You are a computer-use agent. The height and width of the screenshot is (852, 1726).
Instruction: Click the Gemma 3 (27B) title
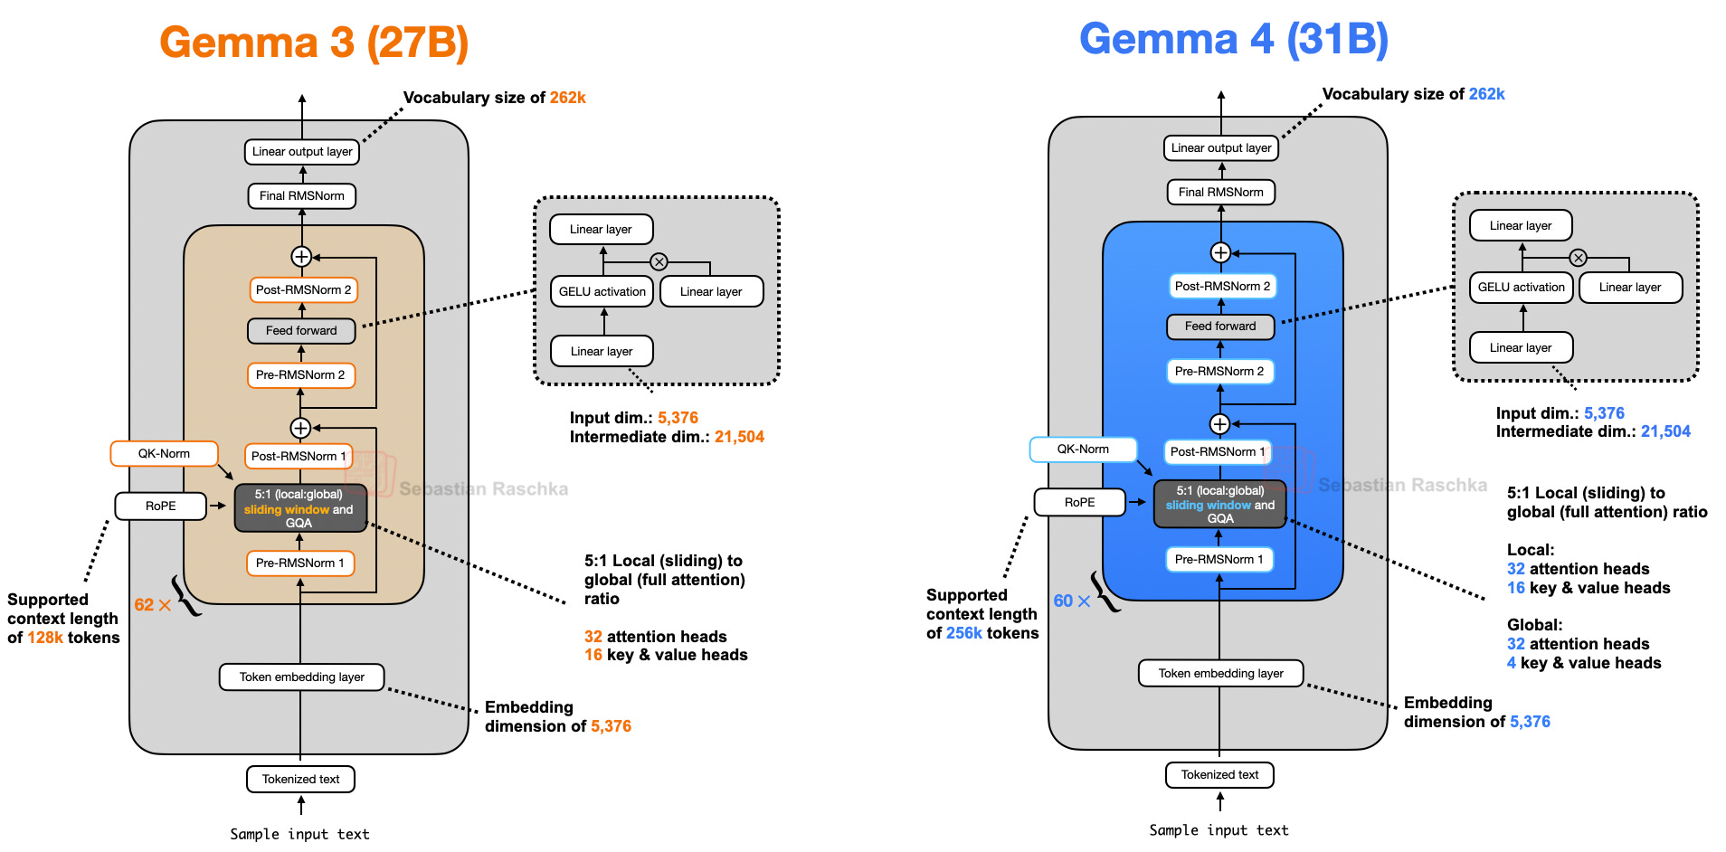click(314, 43)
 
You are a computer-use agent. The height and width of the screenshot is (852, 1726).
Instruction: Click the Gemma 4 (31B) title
click(1233, 39)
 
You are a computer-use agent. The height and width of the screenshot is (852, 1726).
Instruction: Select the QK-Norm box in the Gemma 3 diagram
click(164, 453)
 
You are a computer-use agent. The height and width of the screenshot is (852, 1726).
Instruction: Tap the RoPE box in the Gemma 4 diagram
click(1079, 502)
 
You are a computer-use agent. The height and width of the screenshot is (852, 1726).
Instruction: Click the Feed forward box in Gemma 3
click(301, 331)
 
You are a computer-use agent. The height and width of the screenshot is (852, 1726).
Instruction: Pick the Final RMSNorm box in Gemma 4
click(1220, 192)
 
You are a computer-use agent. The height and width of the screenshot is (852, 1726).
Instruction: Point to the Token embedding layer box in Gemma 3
click(301, 677)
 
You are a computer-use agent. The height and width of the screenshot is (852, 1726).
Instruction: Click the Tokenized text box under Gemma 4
click(1219, 775)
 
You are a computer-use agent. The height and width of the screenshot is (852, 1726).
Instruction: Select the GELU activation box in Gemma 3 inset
click(602, 291)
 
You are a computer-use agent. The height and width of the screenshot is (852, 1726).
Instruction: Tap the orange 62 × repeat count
click(152, 605)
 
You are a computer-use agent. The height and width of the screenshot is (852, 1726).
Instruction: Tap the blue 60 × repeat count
click(1071, 601)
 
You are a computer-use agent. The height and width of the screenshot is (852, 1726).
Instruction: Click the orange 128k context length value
click(45, 638)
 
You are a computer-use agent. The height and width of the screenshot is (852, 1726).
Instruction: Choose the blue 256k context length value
click(964, 633)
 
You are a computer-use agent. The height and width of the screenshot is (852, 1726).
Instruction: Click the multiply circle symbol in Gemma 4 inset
click(1578, 258)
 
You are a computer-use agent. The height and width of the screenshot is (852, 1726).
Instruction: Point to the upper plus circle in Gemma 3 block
click(301, 257)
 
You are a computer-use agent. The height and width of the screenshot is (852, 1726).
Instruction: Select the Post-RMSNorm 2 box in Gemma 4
click(1221, 286)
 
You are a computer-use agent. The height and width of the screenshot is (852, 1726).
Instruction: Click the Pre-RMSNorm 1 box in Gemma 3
click(300, 563)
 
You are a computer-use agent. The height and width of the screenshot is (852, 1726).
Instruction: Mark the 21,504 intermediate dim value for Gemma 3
click(739, 437)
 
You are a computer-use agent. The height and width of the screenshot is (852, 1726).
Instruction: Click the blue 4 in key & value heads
click(1512, 663)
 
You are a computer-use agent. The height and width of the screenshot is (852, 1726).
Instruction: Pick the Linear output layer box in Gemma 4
click(1220, 147)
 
